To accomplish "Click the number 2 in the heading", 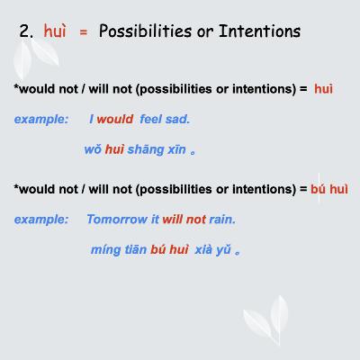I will (24, 32).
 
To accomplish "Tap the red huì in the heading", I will (55, 32).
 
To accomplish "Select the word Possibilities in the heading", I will (141, 32).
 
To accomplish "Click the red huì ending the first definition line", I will (324, 89).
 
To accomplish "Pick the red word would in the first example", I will (114, 119).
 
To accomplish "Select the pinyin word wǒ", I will (93, 148).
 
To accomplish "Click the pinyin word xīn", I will (175, 148).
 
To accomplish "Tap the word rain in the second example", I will (222, 219).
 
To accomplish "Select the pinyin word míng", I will (105, 249).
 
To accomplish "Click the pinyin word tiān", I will (135, 249).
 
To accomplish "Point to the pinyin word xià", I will (199, 249).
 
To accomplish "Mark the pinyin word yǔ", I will (222, 250).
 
